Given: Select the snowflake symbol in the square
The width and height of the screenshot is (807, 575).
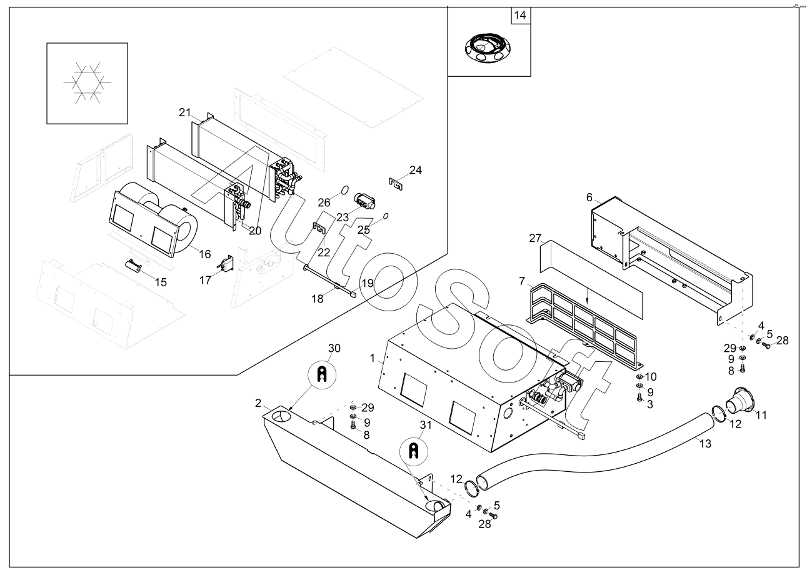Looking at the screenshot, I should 87,82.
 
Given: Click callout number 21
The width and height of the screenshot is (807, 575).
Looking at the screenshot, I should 184,112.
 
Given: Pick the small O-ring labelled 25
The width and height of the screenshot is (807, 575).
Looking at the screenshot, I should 385,216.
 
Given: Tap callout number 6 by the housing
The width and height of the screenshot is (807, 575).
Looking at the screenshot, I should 589,197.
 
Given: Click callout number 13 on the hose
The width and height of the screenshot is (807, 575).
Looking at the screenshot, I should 705,443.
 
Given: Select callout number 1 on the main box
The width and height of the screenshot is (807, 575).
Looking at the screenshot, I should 373,359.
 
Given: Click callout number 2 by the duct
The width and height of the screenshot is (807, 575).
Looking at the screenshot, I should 258,403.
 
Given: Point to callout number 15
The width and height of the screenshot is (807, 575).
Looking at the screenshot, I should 161,282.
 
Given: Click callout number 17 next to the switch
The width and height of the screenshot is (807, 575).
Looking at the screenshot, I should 206,280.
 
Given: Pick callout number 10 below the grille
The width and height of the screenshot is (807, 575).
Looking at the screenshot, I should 651,377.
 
